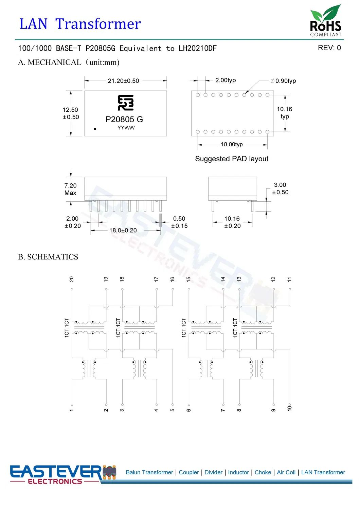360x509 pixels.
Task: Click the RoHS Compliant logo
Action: [x=325, y=21]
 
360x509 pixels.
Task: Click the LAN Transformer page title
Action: [x=80, y=24]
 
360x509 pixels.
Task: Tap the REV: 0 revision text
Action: [x=329, y=48]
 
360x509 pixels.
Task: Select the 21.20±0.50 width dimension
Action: [x=123, y=81]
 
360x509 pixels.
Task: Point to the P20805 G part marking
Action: [x=124, y=119]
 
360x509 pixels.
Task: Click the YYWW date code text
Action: [x=126, y=128]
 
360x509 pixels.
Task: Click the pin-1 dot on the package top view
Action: [x=95, y=129]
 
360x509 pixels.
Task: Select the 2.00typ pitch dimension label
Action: [x=225, y=80]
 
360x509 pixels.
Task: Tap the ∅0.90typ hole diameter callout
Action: [x=283, y=81]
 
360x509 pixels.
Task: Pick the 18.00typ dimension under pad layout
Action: [x=232, y=144]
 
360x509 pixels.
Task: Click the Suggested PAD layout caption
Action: [x=232, y=159]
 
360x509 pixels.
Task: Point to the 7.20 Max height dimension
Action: [x=70, y=189]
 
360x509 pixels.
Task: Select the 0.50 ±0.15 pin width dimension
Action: [x=179, y=222]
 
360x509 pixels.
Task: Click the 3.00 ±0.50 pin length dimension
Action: [x=280, y=188]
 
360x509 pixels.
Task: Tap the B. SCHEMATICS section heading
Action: [x=48, y=257]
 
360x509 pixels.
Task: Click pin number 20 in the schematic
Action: [x=72, y=279]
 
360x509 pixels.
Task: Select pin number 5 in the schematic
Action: [x=173, y=410]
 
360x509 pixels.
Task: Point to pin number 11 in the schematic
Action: [x=289, y=279]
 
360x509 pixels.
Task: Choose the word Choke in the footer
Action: [x=263, y=472]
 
